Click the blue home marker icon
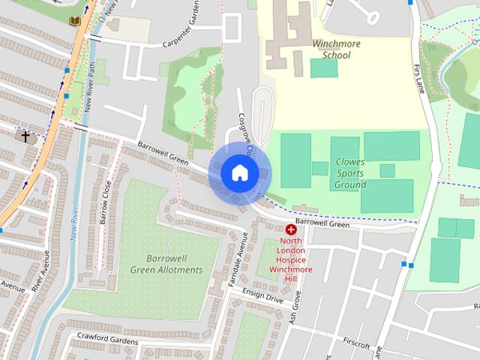pyautogui.click(x=239, y=173)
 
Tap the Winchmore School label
pyautogui.click(x=336, y=49)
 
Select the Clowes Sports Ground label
pyautogui.click(x=350, y=172)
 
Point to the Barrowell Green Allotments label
pyautogui.click(x=166, y=264)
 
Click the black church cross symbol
pyautogui.click(x=26, y=137)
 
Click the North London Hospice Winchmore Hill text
pyautogui.click(x=290, y=259)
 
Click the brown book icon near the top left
pyautogui.click(x=75, y=22)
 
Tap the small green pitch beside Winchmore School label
pyautogui.click(x=324, y=67)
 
